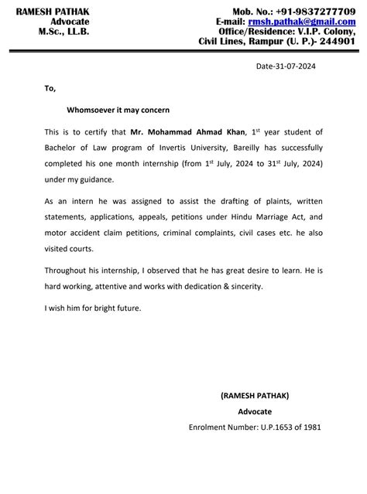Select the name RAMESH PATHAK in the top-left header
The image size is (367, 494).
point(53,11)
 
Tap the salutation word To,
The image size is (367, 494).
point(50,88)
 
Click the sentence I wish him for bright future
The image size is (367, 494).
point(94,308)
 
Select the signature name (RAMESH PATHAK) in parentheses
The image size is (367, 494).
point(255,395)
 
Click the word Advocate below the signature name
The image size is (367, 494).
point(255,411)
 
